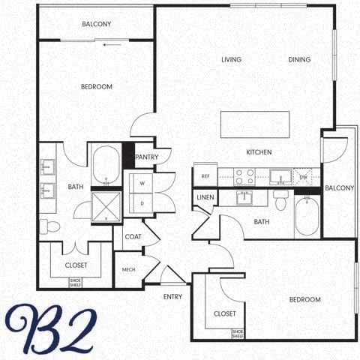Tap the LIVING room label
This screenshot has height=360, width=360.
(231, 60)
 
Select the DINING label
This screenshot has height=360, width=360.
(300, 60)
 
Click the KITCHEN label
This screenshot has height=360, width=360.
(259, 152)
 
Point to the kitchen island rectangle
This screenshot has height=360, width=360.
(255, 123)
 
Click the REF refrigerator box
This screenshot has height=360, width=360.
(205, 176)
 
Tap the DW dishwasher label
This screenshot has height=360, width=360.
(303, 176)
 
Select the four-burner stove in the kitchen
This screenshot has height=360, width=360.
(244, 176)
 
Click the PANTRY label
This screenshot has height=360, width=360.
(148, 157)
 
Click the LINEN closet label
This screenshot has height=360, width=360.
(205, 198)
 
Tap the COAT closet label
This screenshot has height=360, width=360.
(133, 237)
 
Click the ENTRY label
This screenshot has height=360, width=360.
(173, 296)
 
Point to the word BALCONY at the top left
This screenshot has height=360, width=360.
(96, 25)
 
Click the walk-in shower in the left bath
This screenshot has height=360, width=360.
(106, 206)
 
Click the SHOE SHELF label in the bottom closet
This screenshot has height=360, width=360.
(238, 332)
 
